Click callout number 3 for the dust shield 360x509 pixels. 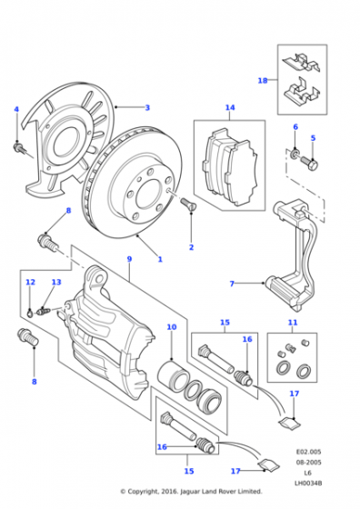(x=147, y=108)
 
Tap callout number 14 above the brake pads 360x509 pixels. (x=230, y=107)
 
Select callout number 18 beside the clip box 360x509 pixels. (x=263, y=80)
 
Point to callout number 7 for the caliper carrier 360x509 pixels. (x=232, y=284)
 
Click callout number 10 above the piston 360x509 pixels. (x=172, y=327)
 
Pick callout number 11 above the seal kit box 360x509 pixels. (x=293, y=323)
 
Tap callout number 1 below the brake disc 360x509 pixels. (x=160, y=259)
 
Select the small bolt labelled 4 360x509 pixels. (x=18, y=148)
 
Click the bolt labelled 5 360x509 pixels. (x=309, y=163)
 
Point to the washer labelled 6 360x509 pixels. (x=295, y=154)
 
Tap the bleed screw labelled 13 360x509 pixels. (x=43, y=311)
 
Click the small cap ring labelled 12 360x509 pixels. (x=29, y=313)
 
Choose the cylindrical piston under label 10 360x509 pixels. (x=174, y=375)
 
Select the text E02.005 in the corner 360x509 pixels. (x=308, y=452)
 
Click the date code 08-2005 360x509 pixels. (x=308, y=463)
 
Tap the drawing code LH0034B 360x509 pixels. (x=308, y=484)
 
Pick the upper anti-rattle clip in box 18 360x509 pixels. (x=301, y=63)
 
